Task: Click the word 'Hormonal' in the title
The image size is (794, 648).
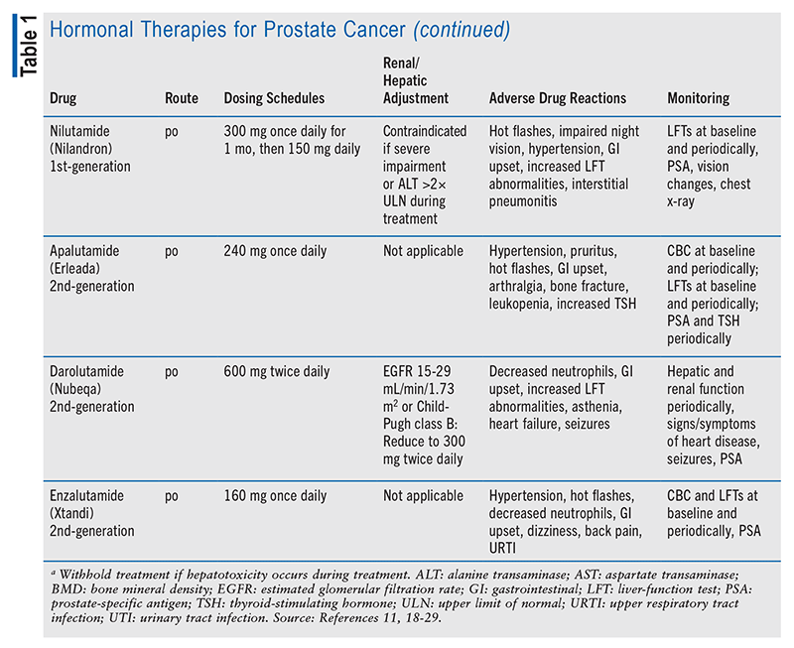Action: click(96, 31)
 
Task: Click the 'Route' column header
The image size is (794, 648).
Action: click(182, 99)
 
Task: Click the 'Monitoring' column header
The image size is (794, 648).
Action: click(698, 99)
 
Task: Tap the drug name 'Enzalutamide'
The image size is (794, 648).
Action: click(88, 496)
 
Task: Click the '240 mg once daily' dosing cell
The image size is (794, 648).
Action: click(275, 253)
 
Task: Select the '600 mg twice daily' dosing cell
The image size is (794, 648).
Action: click(277, 372)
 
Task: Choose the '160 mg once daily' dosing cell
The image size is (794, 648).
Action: click(275, 496)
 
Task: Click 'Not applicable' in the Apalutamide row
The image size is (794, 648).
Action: click(423, 253)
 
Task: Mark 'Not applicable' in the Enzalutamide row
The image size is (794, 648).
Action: click(423, 496)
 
